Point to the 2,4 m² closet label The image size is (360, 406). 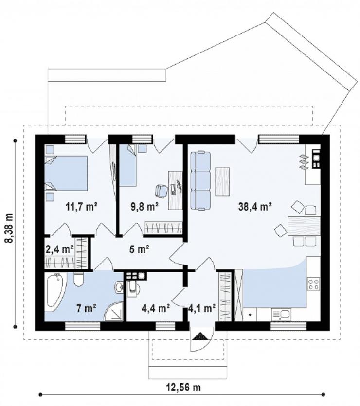59,249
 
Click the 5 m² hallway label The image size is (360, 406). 139,249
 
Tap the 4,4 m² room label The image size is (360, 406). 155,308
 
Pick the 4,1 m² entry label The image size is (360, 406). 202,308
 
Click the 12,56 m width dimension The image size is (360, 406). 183,388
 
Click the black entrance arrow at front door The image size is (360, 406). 201,336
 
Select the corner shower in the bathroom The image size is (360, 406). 114,312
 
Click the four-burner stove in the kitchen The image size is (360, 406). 313,283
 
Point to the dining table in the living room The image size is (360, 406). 304,226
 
